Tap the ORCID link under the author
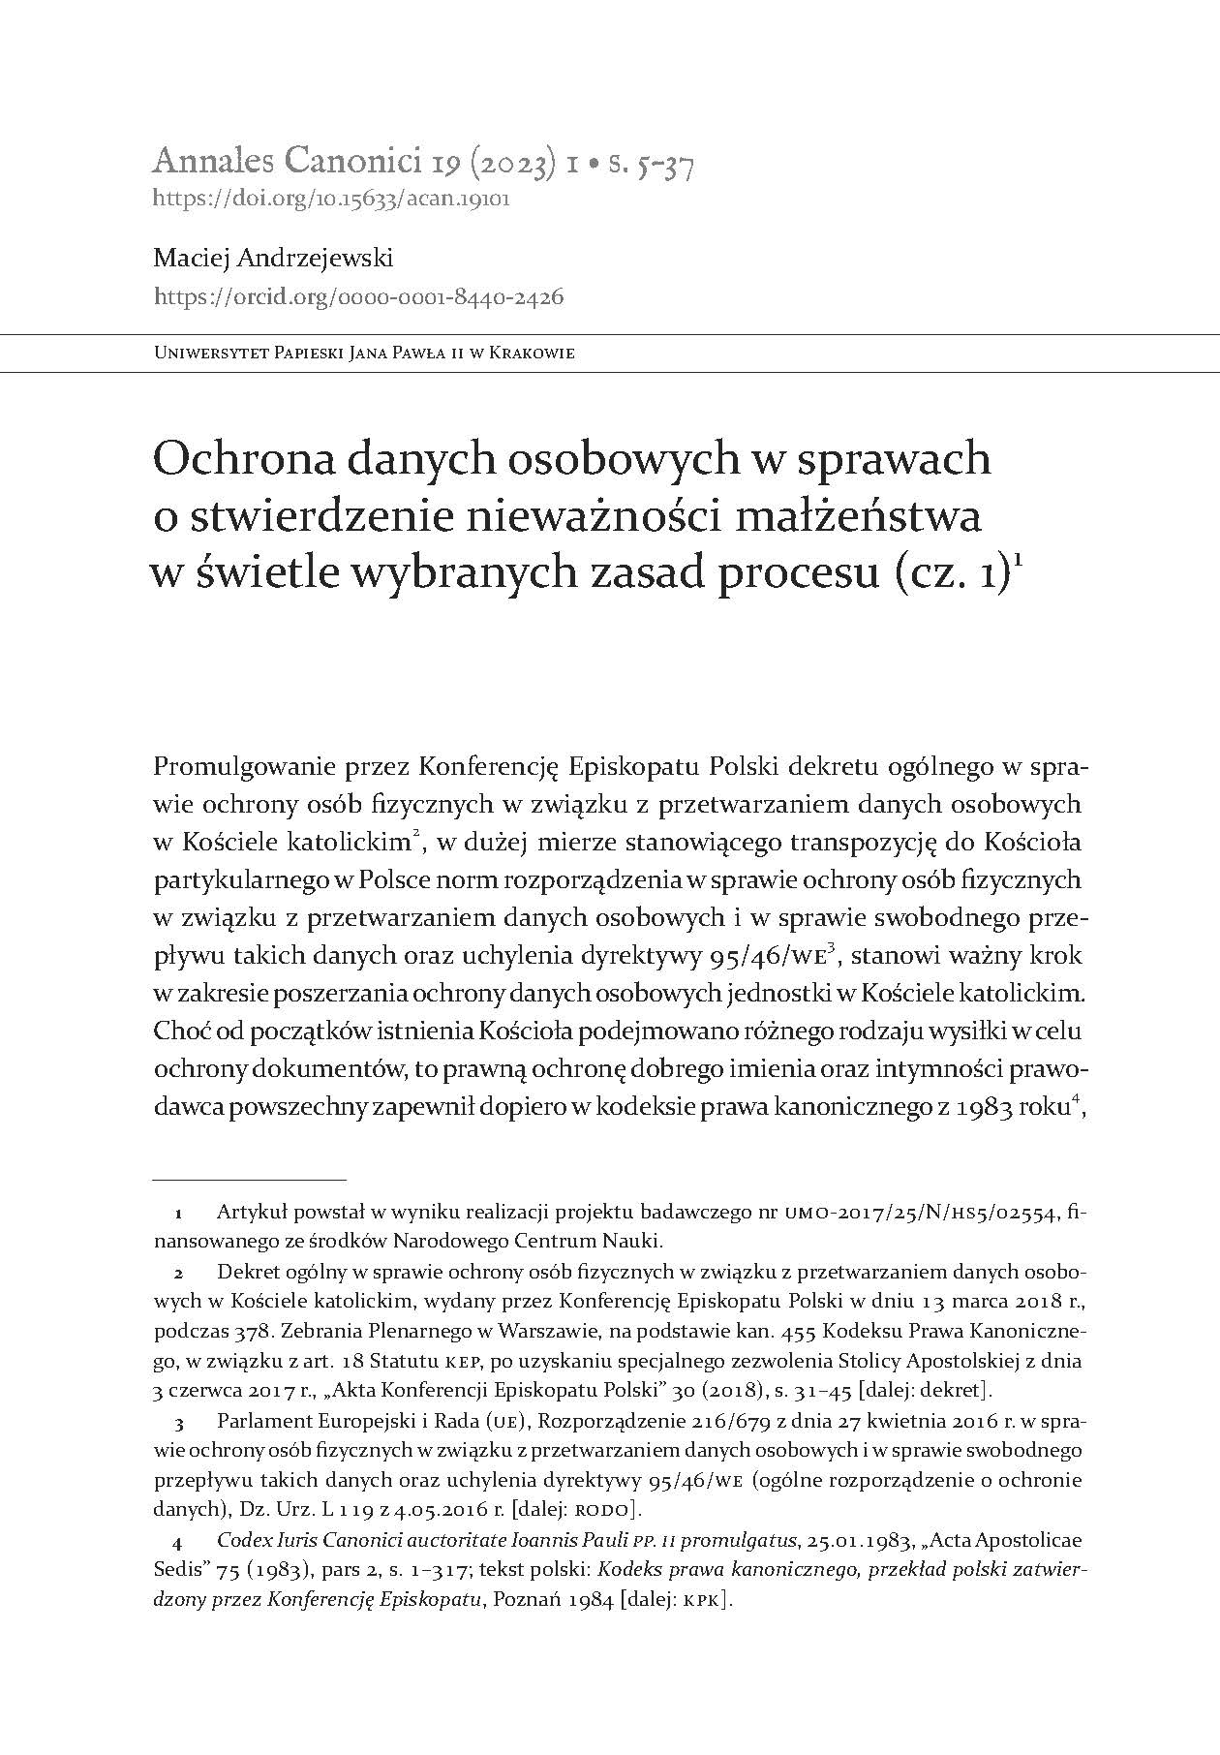coord(358,297)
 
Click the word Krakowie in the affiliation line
coord(534,354)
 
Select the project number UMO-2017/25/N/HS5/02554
coord(925,1212)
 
